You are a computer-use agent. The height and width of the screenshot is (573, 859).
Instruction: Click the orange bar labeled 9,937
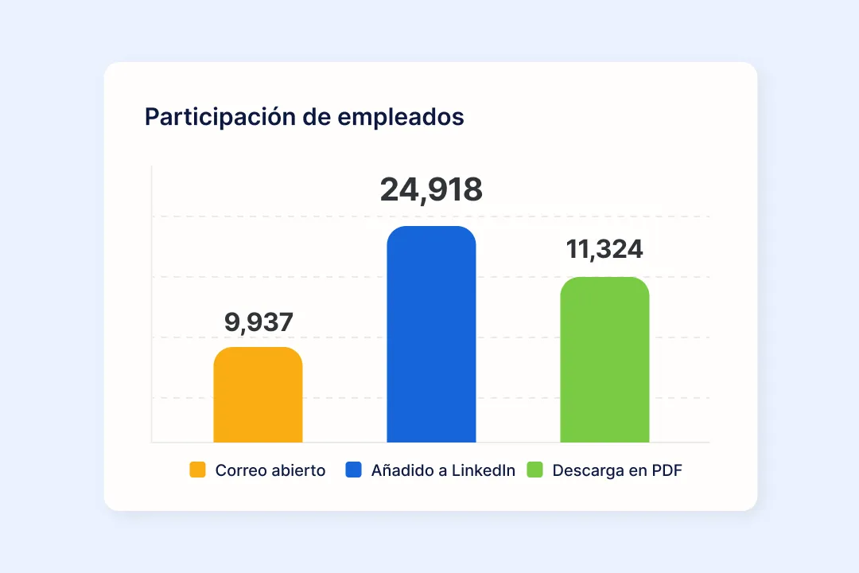point(258,395)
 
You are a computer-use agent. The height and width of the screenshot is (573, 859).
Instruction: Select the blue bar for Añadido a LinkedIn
point(431,334)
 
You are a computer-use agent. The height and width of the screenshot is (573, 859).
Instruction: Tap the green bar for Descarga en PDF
point(604,360)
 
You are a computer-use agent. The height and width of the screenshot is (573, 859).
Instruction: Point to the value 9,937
point(258,322)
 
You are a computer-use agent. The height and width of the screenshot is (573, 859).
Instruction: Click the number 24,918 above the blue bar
point(431,190)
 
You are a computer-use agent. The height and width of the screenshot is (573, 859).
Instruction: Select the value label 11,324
point(604,249)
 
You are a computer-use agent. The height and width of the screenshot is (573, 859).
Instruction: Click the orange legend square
point(197,470)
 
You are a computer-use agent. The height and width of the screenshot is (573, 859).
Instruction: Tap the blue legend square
point(353,470)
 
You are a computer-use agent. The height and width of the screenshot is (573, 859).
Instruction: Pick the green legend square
point(534,470)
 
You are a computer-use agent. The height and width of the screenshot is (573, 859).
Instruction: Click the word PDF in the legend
point(667,470)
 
